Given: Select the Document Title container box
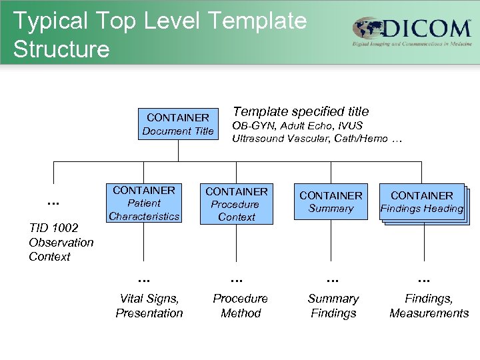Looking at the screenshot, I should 178,124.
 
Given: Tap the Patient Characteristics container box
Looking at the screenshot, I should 144,203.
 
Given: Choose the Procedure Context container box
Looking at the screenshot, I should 237,204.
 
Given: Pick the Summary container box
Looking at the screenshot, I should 331,202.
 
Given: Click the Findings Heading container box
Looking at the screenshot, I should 421,202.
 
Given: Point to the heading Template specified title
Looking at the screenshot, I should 300,111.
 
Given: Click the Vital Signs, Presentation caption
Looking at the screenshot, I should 149,306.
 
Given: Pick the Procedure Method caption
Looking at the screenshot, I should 240,306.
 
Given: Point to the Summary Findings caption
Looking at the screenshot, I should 333,306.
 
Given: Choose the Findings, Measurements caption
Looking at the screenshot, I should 429,306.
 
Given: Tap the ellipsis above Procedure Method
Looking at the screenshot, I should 237,279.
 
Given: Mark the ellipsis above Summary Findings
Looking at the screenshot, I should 333,279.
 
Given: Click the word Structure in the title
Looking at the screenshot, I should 61,49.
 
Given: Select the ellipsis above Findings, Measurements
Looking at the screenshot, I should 424,279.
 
